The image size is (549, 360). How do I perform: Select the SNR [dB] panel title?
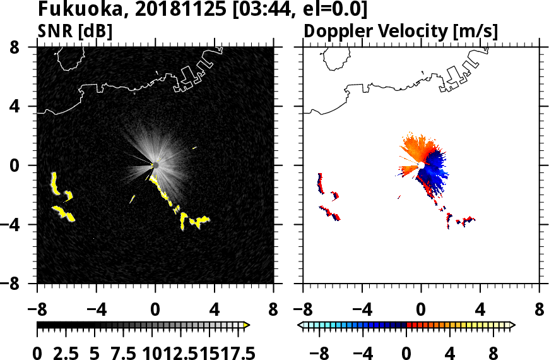coord(75,30)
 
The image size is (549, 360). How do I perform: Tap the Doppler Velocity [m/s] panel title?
coord(401,30)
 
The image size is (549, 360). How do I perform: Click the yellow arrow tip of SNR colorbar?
coord(247,325)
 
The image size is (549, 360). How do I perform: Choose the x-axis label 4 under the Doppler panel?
coord(480,311)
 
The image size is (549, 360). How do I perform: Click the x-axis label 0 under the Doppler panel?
coord(421,311)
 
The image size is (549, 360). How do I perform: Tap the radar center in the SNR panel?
coord(155,165)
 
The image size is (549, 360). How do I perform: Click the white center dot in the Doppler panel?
coord(421,165)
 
